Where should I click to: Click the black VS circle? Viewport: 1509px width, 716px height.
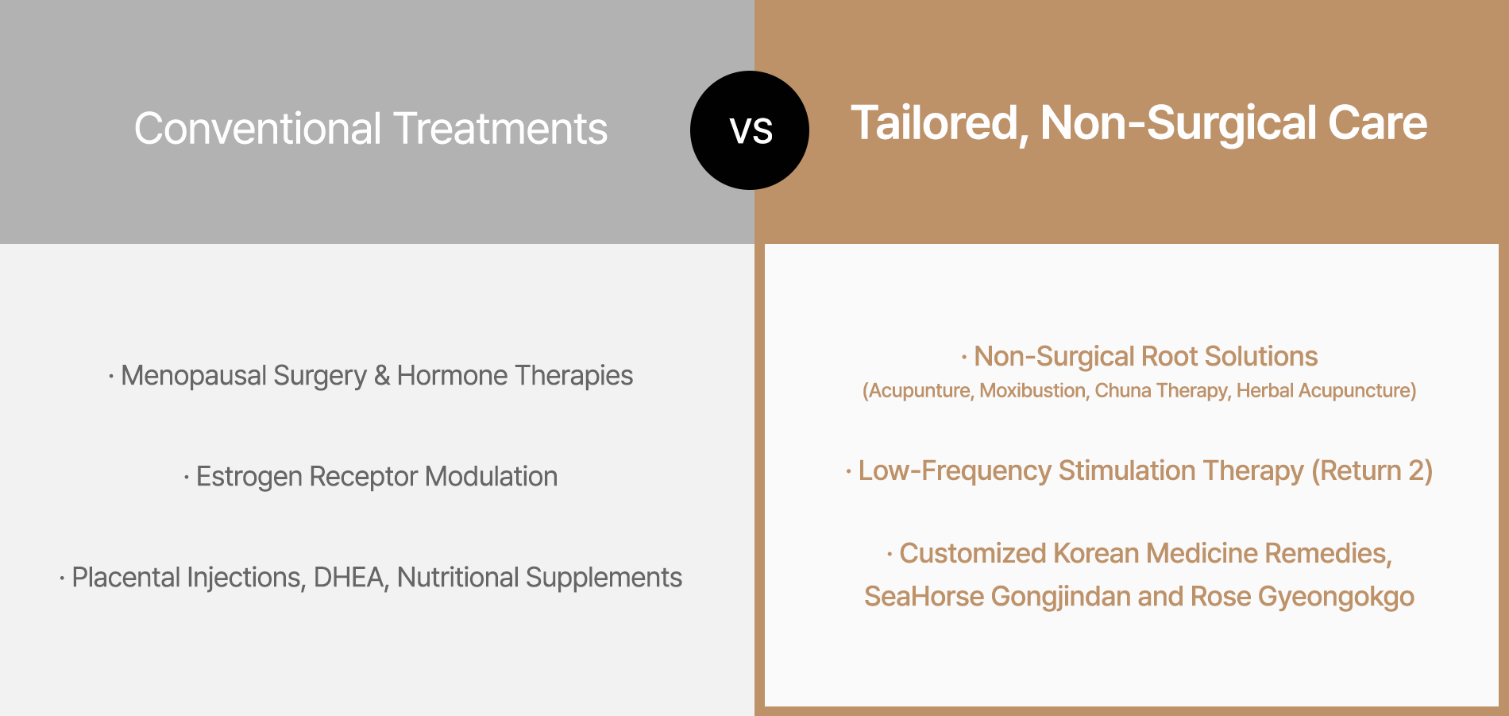750,130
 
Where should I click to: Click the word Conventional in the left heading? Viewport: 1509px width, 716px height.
258,129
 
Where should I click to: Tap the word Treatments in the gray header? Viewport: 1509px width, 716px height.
500,129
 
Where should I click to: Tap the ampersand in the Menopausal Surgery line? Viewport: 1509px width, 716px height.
382,376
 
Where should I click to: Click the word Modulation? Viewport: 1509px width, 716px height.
491,477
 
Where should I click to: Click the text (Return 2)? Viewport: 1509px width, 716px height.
1372,471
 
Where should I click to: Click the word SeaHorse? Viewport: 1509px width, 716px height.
924,597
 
